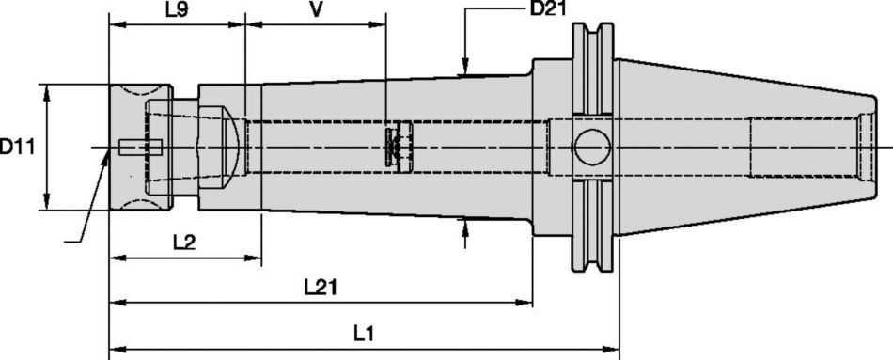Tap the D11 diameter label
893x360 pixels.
(x=18, y=147)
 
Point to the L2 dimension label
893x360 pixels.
(x=184, y=243)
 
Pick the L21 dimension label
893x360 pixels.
(x=320, y=288)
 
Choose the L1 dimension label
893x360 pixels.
(x=364, y=334)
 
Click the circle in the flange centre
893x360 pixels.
(x=592, y=148)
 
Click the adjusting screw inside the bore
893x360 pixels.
(x=398, y=147)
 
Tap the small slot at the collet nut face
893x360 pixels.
(x=141, y=147)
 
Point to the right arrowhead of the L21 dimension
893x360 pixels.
(x=527, y=303)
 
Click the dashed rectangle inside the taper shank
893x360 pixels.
(x=805, y=148)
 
